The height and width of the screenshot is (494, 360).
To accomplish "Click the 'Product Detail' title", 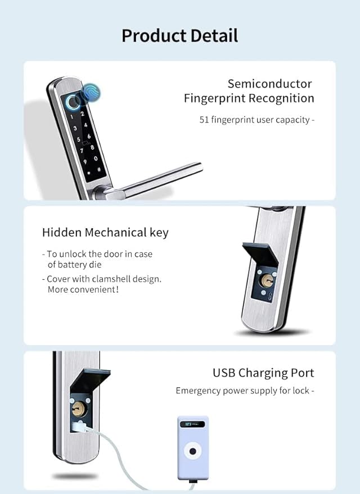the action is (179, 35).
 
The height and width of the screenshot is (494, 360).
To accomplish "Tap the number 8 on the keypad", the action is (92, 147).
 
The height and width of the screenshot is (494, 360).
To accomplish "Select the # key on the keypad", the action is (99, 170).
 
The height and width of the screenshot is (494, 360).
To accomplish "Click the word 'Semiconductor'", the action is (270, 84).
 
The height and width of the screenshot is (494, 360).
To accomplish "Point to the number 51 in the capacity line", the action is (204, 120).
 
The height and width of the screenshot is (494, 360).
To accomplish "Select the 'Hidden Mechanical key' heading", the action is (105, 233).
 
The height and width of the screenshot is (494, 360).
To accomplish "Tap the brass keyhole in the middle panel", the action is (267, 280).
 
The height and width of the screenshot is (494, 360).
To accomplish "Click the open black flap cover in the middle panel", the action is (260, 254).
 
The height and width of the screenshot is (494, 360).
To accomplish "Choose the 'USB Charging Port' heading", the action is (264, 373).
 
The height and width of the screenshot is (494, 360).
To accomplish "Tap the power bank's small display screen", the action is (192, 424).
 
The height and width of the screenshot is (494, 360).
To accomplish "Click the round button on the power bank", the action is (192, 451).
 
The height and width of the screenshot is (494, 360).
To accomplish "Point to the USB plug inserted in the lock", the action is (79, 427).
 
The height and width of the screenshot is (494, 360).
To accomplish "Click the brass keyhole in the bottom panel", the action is (78, 409).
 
